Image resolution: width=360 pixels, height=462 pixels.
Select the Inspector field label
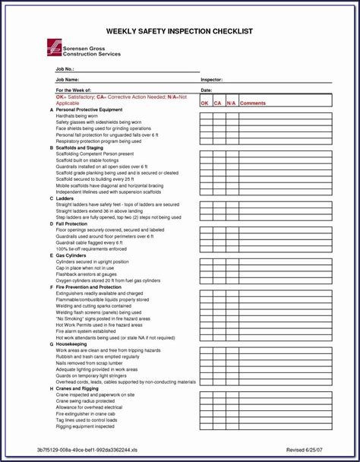coord(211,79)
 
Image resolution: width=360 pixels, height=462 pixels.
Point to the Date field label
coord(206,90)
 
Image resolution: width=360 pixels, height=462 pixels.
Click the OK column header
coord(204,103)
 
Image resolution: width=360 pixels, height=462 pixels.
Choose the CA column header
coord(217,103)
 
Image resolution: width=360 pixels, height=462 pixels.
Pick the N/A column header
coord(231,103)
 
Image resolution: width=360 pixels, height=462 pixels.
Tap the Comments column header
coord(253,103)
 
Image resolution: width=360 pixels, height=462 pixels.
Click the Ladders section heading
coord(65,198)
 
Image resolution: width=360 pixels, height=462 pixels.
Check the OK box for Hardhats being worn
coord(206,116)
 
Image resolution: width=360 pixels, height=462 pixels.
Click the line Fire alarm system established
coord(86,331)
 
